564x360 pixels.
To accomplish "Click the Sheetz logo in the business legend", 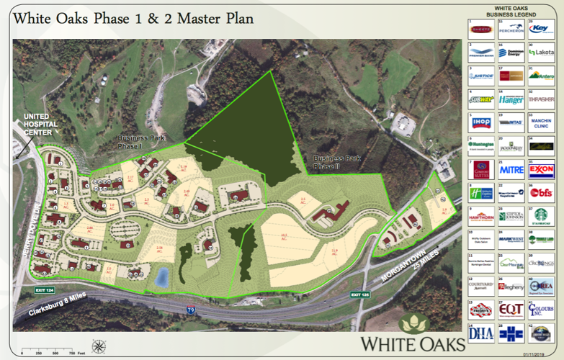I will point(480,30).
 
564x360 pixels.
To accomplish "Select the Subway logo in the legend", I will point(480,99).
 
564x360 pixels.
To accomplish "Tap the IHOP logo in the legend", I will point(480,122).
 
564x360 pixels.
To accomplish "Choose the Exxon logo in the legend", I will point(540,171).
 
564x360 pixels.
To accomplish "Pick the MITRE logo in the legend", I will point(510,171).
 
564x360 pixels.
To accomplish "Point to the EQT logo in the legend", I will point(510,309).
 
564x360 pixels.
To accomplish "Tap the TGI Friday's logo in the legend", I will point(480,309).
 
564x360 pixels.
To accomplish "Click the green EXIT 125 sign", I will point(361,294).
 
